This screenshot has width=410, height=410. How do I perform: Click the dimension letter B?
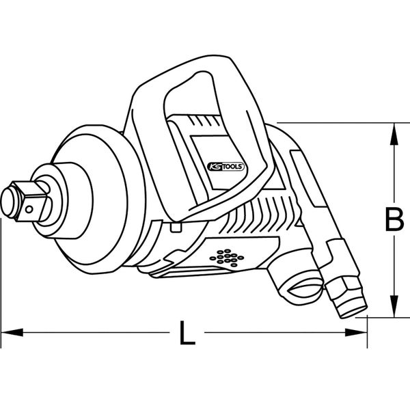(x=393, y=220)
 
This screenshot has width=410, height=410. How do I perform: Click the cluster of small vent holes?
(x=226, y=258)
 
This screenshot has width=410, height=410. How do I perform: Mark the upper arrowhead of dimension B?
(x=393, y=134)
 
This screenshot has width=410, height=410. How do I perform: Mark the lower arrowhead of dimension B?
(x=393, y=307)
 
